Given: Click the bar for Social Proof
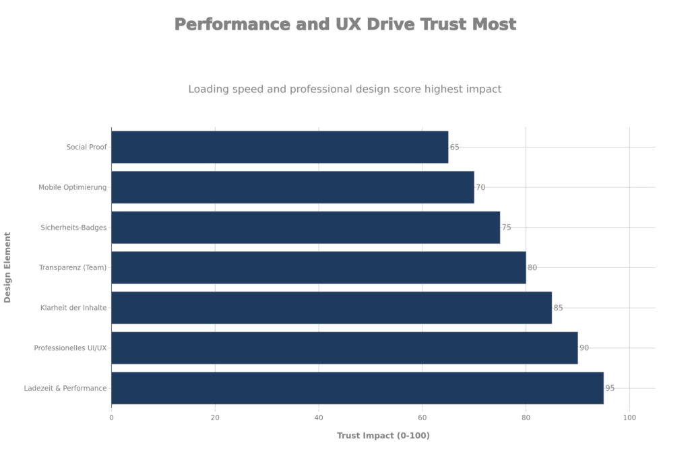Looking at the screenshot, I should click(279, 147).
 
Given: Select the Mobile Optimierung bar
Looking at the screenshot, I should click(292, 187).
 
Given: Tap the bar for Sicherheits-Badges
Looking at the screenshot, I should click(305, 228).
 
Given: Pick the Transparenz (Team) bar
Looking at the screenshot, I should click(318, 267).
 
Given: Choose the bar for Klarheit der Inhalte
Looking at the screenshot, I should click(331, 308).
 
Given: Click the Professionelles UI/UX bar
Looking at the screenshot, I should click(344, 348).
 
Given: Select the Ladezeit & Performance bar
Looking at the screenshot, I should click(357, 388).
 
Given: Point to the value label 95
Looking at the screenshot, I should click(610, 389).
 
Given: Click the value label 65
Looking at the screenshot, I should click(455, 147).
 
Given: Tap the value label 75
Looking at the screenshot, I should click(507, 228).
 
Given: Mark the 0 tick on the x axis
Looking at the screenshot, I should click(111, 418).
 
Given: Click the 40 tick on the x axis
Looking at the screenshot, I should click(319, 418).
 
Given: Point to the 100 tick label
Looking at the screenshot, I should click(629, 418).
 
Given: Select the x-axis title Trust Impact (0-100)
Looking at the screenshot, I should click(383, 436).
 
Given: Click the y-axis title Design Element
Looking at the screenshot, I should click(7, 267).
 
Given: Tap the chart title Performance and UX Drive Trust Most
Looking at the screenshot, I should click(345, 24).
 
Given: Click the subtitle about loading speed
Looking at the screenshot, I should click(345, 89).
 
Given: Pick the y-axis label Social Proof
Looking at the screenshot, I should click(87, 147).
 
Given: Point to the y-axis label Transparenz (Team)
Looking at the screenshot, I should click(74, 268).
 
